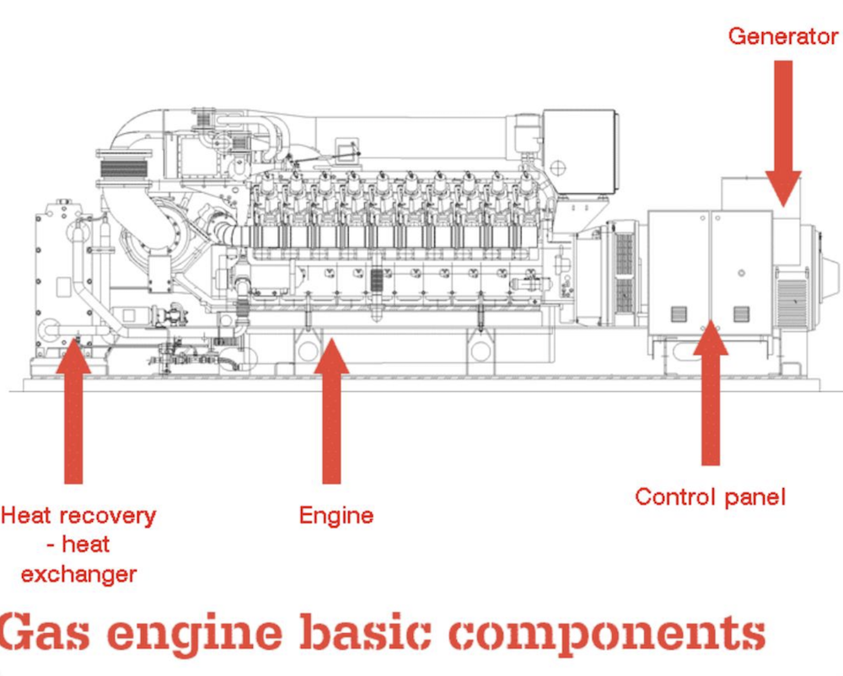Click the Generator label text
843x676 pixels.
click(x=783, y=37)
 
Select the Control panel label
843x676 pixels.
click(x=710, y=496)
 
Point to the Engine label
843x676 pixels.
click(x=336, y=515)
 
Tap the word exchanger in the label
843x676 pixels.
click(x=78, y=575)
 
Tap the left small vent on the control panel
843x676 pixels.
click(x=679, y=314)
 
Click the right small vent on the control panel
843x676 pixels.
click(x=741, y=314)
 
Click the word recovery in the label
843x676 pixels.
click(x=107, y=515)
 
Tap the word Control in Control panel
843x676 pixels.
click(x=670, y=496)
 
